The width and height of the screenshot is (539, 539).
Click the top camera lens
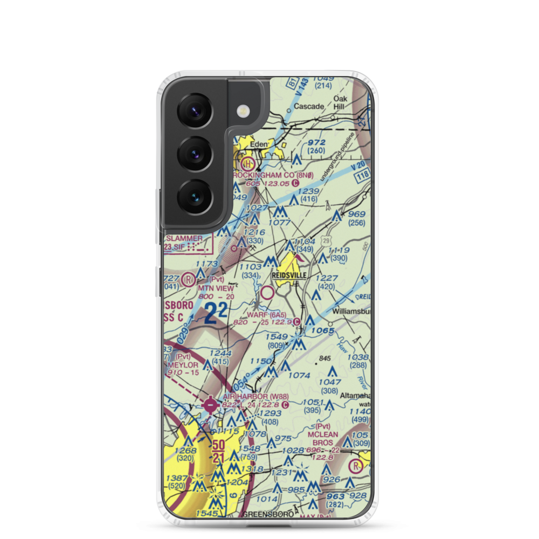click(x=195, y=110)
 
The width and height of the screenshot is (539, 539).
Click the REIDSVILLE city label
click(x=289, y=275)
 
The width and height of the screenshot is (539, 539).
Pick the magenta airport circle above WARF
click(x=267, y=293)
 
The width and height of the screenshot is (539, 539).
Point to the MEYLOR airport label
click(x=183, y=364)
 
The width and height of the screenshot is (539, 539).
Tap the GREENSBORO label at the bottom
click(x=268, y=514)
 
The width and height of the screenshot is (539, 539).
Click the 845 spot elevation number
click(x=323, y=358)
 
